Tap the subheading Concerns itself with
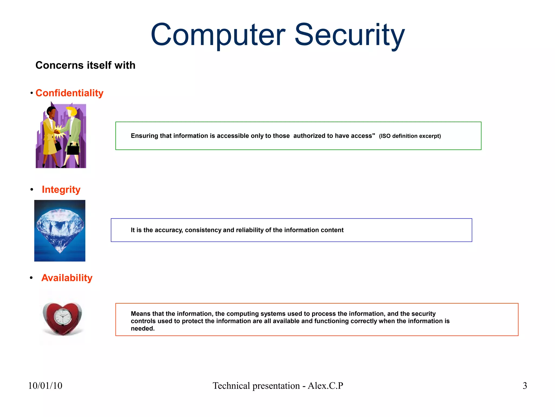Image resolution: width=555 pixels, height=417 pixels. pos(85,65)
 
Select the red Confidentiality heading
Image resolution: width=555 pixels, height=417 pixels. pos(69,93)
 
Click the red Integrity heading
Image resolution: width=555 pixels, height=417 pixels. pos(61,189)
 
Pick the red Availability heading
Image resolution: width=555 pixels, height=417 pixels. pos(67,278)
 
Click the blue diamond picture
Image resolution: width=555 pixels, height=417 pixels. pos(60,231)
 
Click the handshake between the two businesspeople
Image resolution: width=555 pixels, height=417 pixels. pos(57,132)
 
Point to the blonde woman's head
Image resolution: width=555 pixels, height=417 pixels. pos(72,111)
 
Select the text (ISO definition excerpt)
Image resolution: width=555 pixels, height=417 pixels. pos(410,136)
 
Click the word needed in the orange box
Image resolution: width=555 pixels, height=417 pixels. pos(143,329)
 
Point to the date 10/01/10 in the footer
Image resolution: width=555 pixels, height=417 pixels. pos(45,386)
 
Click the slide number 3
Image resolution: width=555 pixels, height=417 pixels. pos(525,386)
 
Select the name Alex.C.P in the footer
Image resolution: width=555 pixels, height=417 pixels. pos(325,386)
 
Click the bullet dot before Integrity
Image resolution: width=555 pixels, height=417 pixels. pos(32,189)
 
